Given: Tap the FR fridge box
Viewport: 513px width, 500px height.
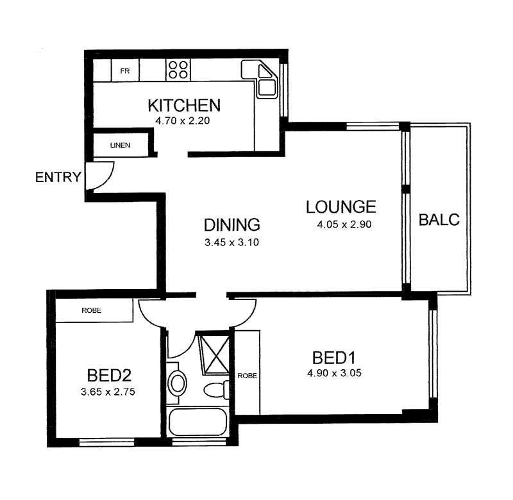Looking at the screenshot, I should tap(125, 71).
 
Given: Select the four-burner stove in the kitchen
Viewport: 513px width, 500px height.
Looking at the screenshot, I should tap(179, 69).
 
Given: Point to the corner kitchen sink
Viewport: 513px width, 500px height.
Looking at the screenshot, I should tap(265, 80).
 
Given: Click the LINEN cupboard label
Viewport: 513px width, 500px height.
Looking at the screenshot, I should tap(119, 145).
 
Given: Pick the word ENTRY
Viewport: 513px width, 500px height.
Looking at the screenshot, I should tap(58, 177).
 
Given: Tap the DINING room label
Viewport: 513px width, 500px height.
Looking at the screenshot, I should tap(231, 225).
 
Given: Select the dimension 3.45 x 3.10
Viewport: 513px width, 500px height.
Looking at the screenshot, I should tap(231, 242).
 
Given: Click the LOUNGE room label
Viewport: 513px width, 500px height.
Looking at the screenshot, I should tap(340, 207).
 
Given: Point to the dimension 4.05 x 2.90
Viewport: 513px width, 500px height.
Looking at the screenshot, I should tap(344, 225).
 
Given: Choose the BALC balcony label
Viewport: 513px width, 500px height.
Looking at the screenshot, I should tap(439, 220).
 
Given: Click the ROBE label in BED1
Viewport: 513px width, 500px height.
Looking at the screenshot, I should tap(247, 376).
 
